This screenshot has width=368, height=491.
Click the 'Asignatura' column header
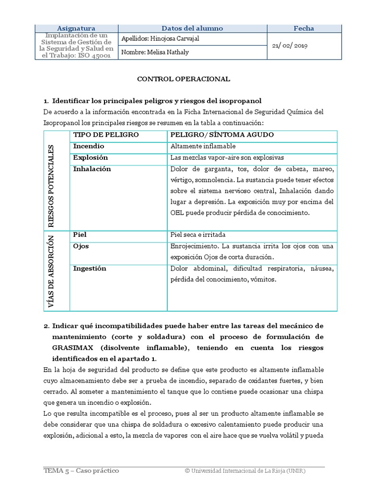coord(76,28)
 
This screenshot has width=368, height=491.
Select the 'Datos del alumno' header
coord(192,28)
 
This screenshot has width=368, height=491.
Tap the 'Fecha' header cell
coord(304,28)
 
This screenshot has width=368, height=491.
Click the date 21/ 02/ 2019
coord(290,46)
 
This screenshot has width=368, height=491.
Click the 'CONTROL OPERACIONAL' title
coord(184,79)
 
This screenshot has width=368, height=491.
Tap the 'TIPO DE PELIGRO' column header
coord(106,135)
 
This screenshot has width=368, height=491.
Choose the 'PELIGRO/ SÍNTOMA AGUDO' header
coord(222,135)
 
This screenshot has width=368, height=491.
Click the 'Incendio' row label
coord(89,146)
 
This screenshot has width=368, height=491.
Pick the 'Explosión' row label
coord(91,158)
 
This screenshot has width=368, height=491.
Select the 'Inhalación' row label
coord(92,169)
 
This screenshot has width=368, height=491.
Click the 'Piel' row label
coord(80,235)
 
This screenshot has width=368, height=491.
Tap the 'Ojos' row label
coord(81,246)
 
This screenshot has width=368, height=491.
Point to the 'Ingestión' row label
coord(90,269)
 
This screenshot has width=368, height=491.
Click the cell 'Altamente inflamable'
coord(203,146)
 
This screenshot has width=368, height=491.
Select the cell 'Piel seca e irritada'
coord(198,235)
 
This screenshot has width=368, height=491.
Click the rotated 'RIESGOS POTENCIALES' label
coord(52,185)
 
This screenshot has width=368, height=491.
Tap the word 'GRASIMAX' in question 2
coord(73,348)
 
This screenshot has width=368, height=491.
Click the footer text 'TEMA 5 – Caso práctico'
coord(81,471)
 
